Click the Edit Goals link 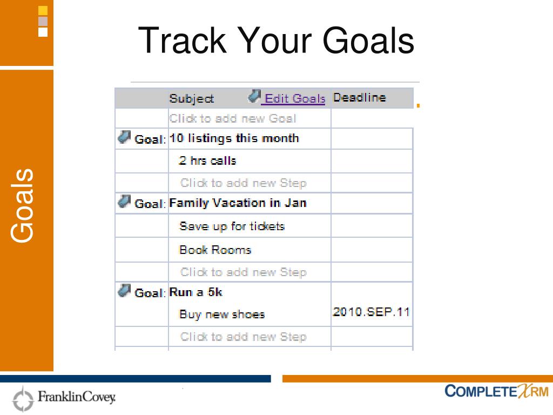click(295, 98)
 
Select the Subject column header click(192, 98)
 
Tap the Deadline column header click(359, 97)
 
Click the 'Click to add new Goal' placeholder click(232, 118)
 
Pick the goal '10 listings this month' click(234, 138)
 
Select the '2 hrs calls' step click(207, 160)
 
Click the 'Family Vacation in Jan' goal click(238, 203)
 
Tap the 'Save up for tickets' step click(232, 226)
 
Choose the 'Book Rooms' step click(215, 250)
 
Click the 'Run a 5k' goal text click(195, 292)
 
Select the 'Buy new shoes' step click(222, 314)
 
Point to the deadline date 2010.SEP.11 click(371, 312)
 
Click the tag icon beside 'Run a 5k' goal click(124, 291)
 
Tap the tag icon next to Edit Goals click(254, 96)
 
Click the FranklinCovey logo click(64, 398)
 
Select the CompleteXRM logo click(497, 391)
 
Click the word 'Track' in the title click(182, 41)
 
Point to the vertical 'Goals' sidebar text click(22, 206)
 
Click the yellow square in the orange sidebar click(43, 11)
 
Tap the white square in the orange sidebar click(43, 32)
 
